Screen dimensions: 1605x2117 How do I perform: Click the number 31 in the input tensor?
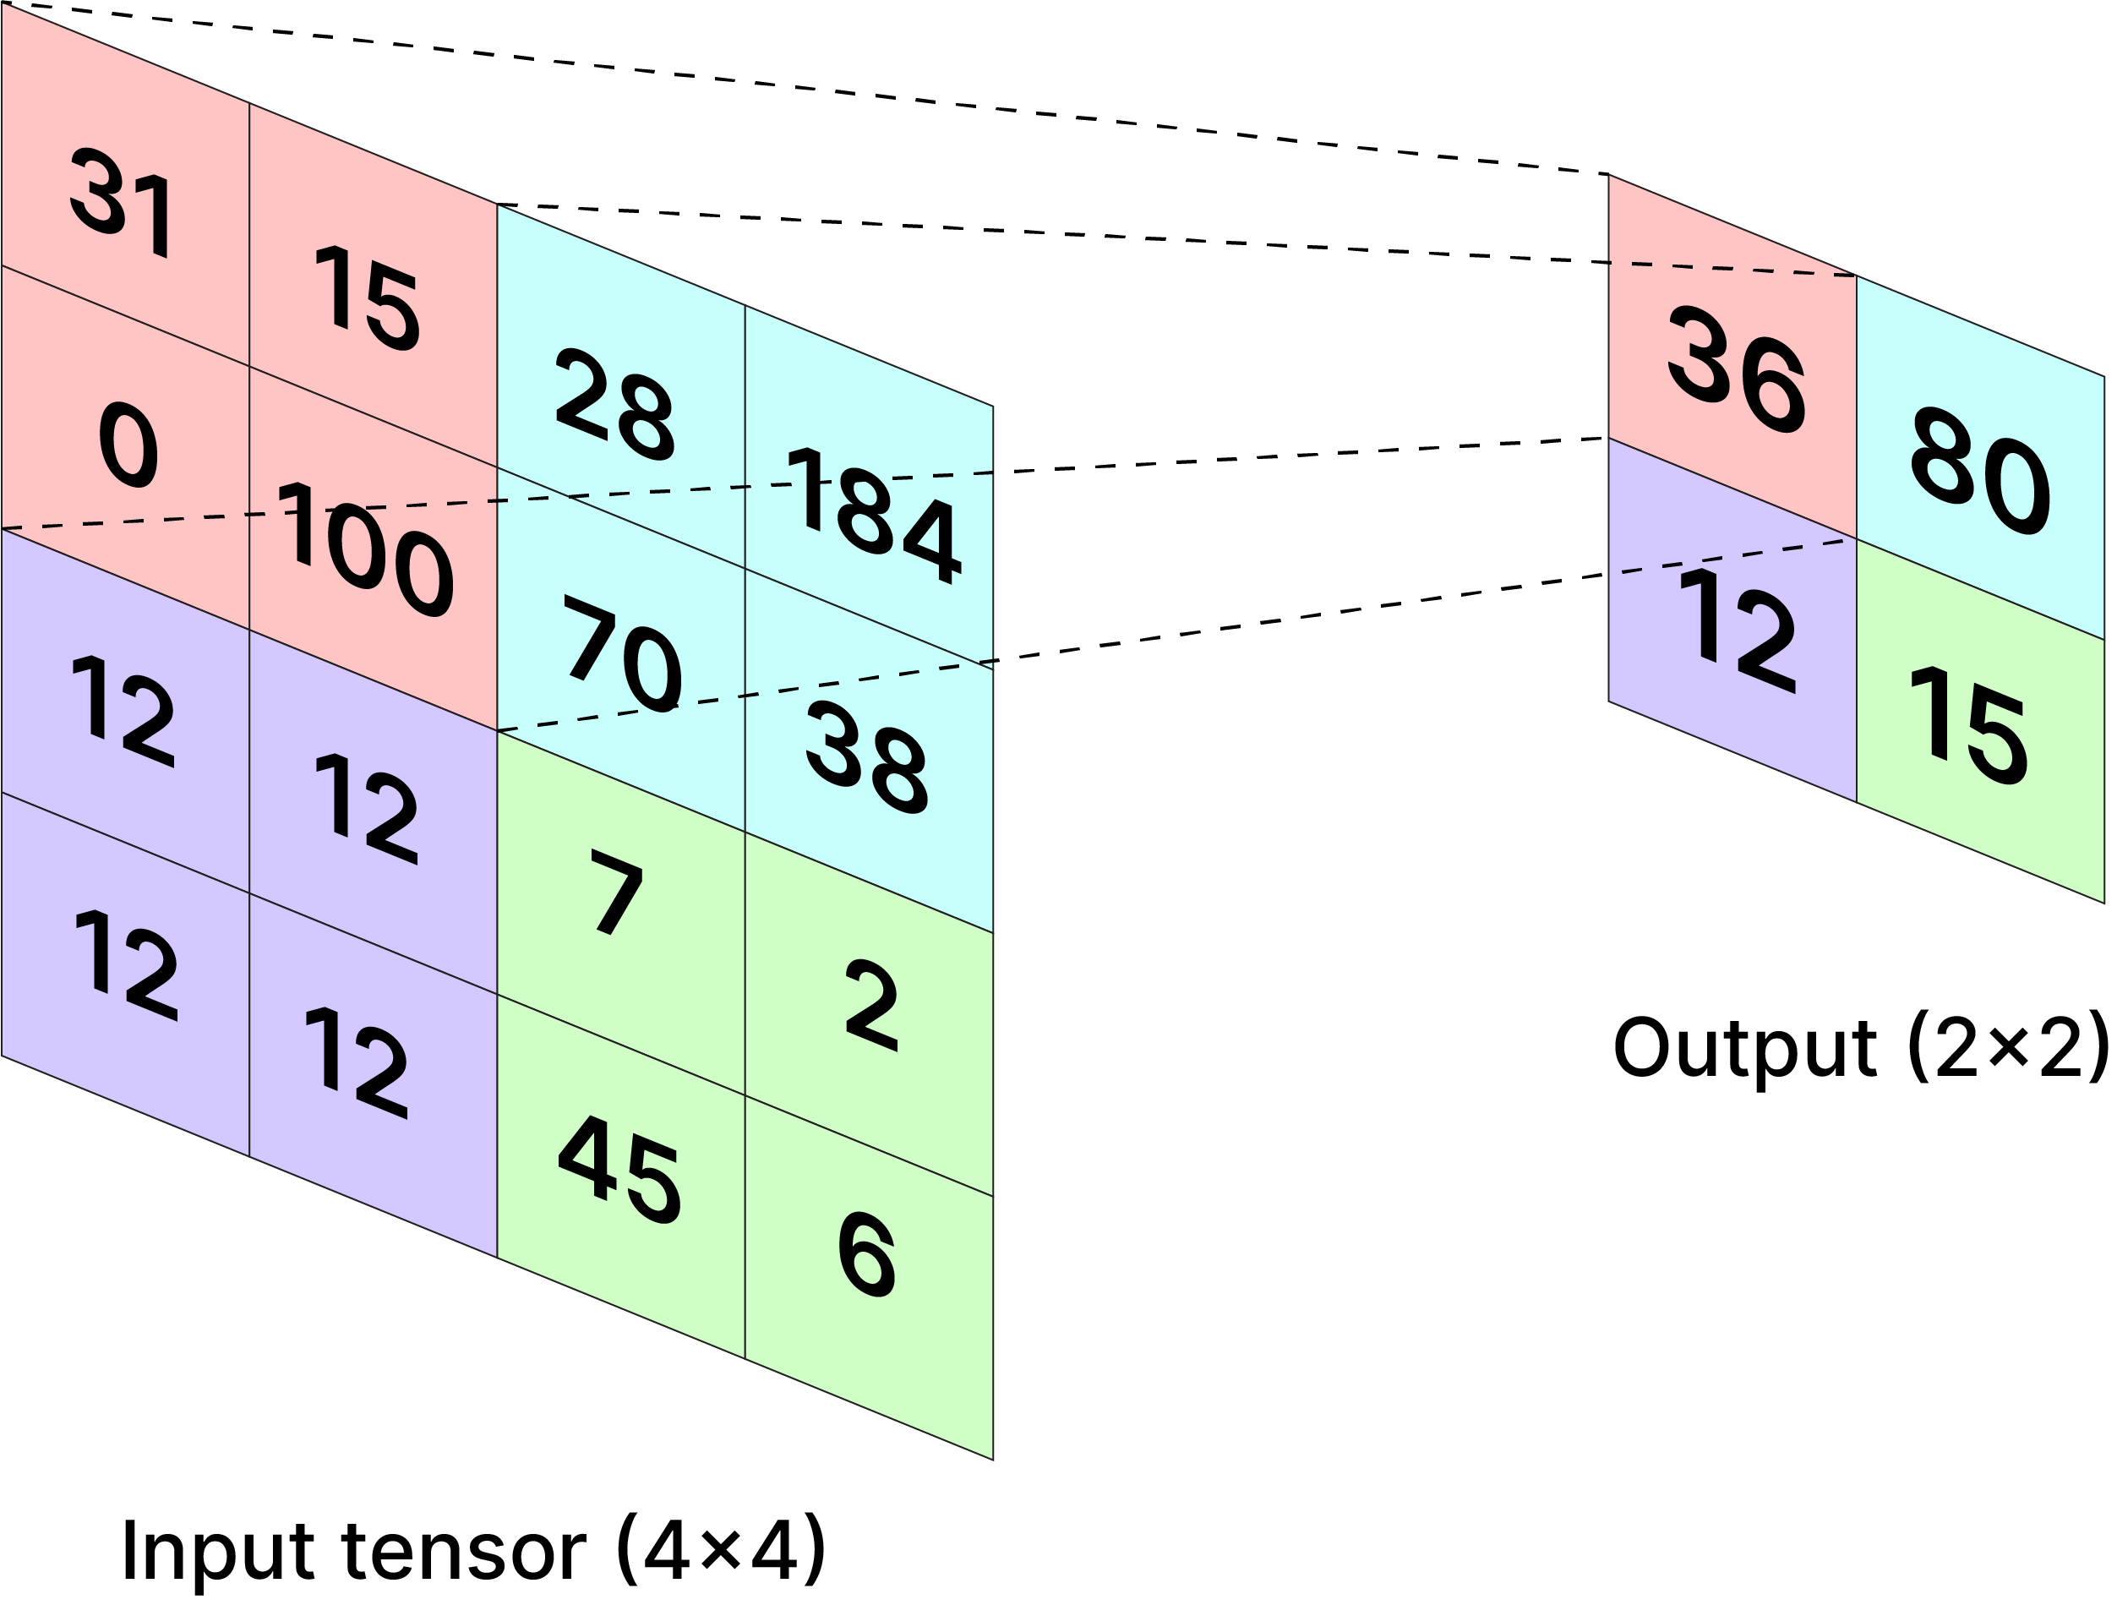click(122, 203)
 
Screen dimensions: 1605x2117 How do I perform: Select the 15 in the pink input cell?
click(368, 298)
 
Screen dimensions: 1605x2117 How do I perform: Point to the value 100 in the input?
click(364, 549)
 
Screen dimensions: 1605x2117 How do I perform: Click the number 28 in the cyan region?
click(615, 405)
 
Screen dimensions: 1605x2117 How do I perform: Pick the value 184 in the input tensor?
click(872, 515)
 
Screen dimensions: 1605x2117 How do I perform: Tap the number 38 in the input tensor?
click(866, 758)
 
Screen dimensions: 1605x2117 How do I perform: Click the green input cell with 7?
click(617, 891)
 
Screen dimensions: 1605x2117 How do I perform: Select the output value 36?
click(1736, 369)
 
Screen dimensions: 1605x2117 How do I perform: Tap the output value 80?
click(1979, 471)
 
